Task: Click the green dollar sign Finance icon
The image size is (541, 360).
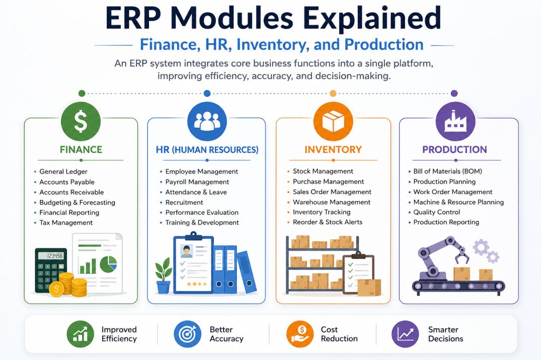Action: [x=81, y=121]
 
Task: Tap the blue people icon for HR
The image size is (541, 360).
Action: [x=207, y=121]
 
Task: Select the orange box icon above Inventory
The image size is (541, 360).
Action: [x=333, y=121]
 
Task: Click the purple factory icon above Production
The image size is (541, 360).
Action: [x=455, y=121]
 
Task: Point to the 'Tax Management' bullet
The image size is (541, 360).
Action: [x=66, y=223]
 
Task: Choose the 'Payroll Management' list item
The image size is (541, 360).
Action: [x=197, y=182]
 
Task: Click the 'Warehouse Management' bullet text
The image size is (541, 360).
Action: [x=332, y=202]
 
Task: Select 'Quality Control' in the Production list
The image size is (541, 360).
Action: [x=436, y=212]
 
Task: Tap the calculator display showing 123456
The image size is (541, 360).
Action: [x=51, y=256]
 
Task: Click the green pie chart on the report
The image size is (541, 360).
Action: [x=108, y=264]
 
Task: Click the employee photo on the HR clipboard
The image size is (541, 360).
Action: [x=187, y=251]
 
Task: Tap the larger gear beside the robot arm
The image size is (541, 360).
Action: [x=481, y=247]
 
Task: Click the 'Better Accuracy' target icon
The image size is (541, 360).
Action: [x=187, y=334]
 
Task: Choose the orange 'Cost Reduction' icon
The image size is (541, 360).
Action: [x=300, y=334]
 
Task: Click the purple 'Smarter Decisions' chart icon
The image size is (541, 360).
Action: [x=405, y=334]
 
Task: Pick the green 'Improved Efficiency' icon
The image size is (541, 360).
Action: [x=80, y=334]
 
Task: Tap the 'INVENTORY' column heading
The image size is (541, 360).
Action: [x=333, y=149]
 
